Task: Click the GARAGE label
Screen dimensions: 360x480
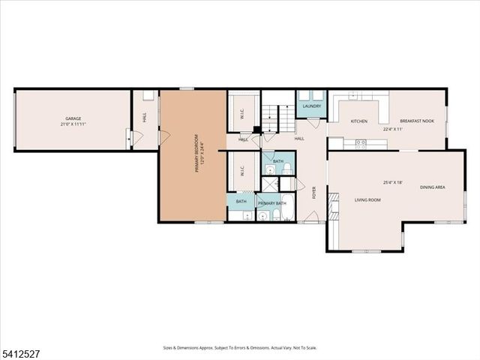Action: click(72, 118)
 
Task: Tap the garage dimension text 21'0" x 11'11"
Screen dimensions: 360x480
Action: click(72, 124)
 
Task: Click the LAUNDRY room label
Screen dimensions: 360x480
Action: click(312, 106)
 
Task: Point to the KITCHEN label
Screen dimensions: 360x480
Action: click(359, 121)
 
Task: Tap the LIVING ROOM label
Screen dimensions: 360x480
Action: click(367, 199)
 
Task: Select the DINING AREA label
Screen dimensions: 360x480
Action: click(432, 187)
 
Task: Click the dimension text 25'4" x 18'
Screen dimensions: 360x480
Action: click(393, 181)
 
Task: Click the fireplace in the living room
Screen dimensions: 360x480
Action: click(333, 200)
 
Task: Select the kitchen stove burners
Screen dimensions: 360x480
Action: click(361, 142)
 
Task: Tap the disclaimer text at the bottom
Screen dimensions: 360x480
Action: click(240, 347)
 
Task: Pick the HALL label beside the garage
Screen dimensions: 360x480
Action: click(144, 118)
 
